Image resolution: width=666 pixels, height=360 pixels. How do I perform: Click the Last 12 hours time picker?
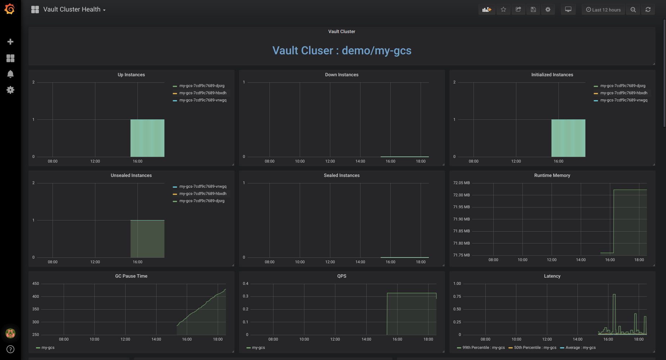click(x=603, y=10)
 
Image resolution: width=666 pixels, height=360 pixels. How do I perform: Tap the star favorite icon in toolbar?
click(x=503, y=10)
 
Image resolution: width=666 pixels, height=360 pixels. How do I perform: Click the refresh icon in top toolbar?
click(x=648, y=10)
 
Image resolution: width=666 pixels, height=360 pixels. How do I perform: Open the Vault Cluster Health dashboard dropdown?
click(x=74, y=10)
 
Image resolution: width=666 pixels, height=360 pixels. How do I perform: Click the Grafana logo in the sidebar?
click(x=10, y=9)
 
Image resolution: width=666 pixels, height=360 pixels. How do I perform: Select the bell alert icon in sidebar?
click(x=10, y=74)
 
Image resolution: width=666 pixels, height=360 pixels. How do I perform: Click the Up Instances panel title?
click(x=131, y=75)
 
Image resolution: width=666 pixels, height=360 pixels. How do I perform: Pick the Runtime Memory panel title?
click(x=552, y=176)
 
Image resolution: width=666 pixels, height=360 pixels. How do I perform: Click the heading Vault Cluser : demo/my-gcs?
click(x=341, y=51)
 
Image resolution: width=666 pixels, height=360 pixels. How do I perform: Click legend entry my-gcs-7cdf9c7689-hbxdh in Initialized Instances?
click(x=624, y=93)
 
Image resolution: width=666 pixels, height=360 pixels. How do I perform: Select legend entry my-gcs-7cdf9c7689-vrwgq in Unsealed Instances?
click(x=203, y=187)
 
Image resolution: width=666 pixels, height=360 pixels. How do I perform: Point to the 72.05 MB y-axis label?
click(x=461, y=183)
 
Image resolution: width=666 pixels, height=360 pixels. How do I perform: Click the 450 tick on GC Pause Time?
click(x=36, y=284)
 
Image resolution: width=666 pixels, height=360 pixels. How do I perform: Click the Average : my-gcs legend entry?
click(x=580, y=348)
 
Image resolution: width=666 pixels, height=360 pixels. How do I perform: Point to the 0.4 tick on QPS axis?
click(x=245, y=284)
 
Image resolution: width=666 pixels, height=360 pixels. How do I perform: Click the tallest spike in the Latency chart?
click(x=614, y=295)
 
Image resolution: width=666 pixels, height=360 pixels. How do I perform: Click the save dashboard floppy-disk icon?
click(x=533, y=10)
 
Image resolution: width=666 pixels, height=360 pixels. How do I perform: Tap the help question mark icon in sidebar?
click(x=10, y=349)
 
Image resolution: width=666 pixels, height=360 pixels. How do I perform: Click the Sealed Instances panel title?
click(x=341, y=176)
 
